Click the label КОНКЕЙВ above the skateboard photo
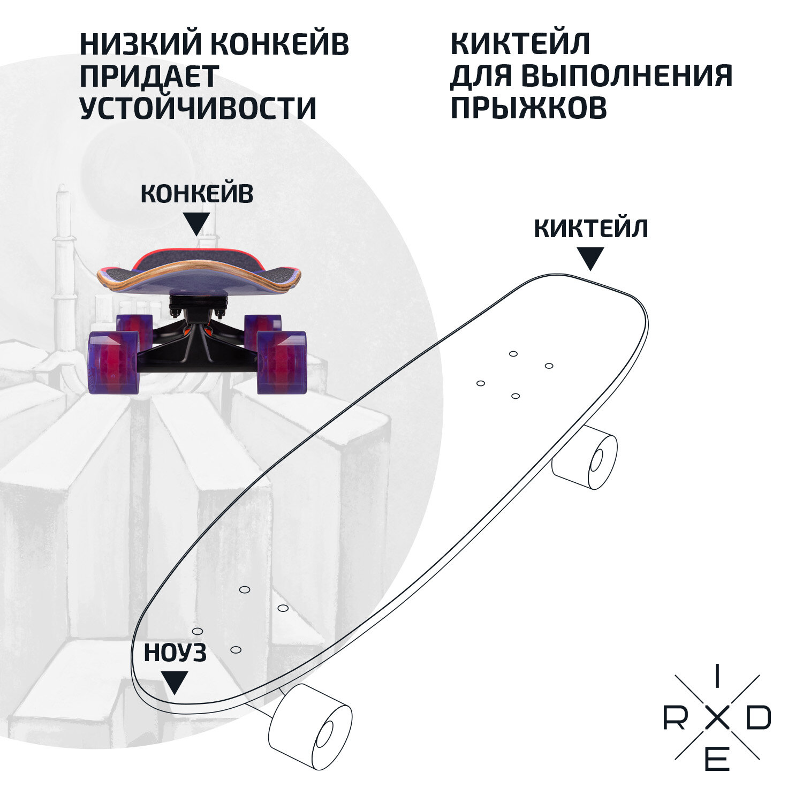coord(196,194)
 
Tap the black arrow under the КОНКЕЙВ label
coord(196,223)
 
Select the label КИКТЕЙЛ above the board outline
coord(591,229)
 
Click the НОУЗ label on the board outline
coord(175,653)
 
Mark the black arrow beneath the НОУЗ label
coord(175,682)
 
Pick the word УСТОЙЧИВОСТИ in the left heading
coord(198,107)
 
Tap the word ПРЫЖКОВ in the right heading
coord(529,107)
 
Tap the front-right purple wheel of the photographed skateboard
coord(281,362)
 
